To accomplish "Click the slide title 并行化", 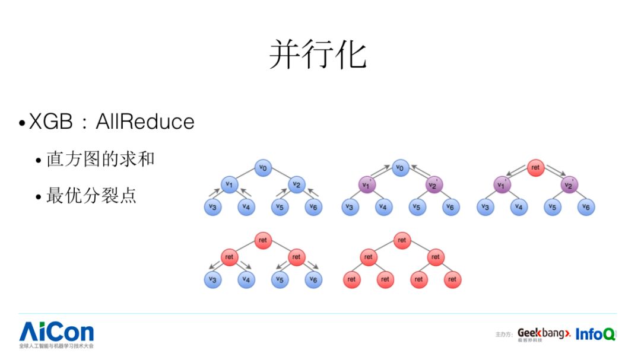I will click(318, 55).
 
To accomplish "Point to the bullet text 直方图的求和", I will click(100, 159).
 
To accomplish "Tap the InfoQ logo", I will click(595, 334).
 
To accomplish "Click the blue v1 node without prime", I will click(229, 184).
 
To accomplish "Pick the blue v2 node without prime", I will click(296, 184).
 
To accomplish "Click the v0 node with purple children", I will click(401, 168).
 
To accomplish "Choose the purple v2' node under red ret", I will click(569, 185).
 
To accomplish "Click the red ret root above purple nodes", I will click(535, 168).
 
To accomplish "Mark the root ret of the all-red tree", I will click(402, 240).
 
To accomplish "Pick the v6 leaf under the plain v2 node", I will click(313, 207).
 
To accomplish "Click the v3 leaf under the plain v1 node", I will click(212, 207).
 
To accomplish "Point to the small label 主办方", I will click(504, 335).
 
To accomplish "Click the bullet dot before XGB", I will click(22, 123).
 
